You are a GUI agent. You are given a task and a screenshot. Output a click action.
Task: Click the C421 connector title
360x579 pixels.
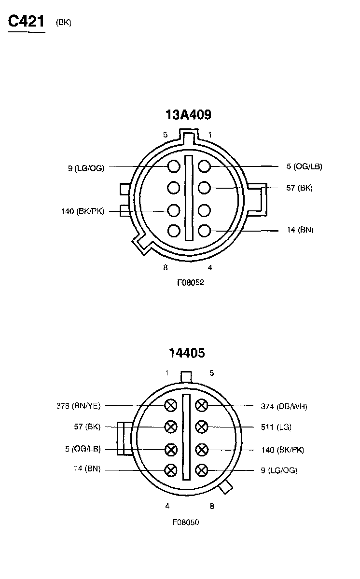point(26,21)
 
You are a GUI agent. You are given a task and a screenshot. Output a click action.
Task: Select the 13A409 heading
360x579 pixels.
point(188,114)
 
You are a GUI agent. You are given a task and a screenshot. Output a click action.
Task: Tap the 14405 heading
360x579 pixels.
point(187,353)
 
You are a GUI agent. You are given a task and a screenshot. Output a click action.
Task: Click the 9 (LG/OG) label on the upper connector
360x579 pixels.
point(86,168)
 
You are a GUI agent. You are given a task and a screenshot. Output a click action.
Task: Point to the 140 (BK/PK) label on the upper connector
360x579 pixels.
point(83,211)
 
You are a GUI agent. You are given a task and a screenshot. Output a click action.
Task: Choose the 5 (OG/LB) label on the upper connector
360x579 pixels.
point(304,166)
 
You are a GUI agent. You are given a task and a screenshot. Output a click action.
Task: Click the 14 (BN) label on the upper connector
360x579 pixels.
point(300,230)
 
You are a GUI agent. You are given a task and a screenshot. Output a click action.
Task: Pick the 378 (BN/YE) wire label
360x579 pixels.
point(78,406)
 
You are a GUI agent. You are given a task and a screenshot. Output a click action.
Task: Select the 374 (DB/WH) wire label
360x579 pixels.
point(284,406)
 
